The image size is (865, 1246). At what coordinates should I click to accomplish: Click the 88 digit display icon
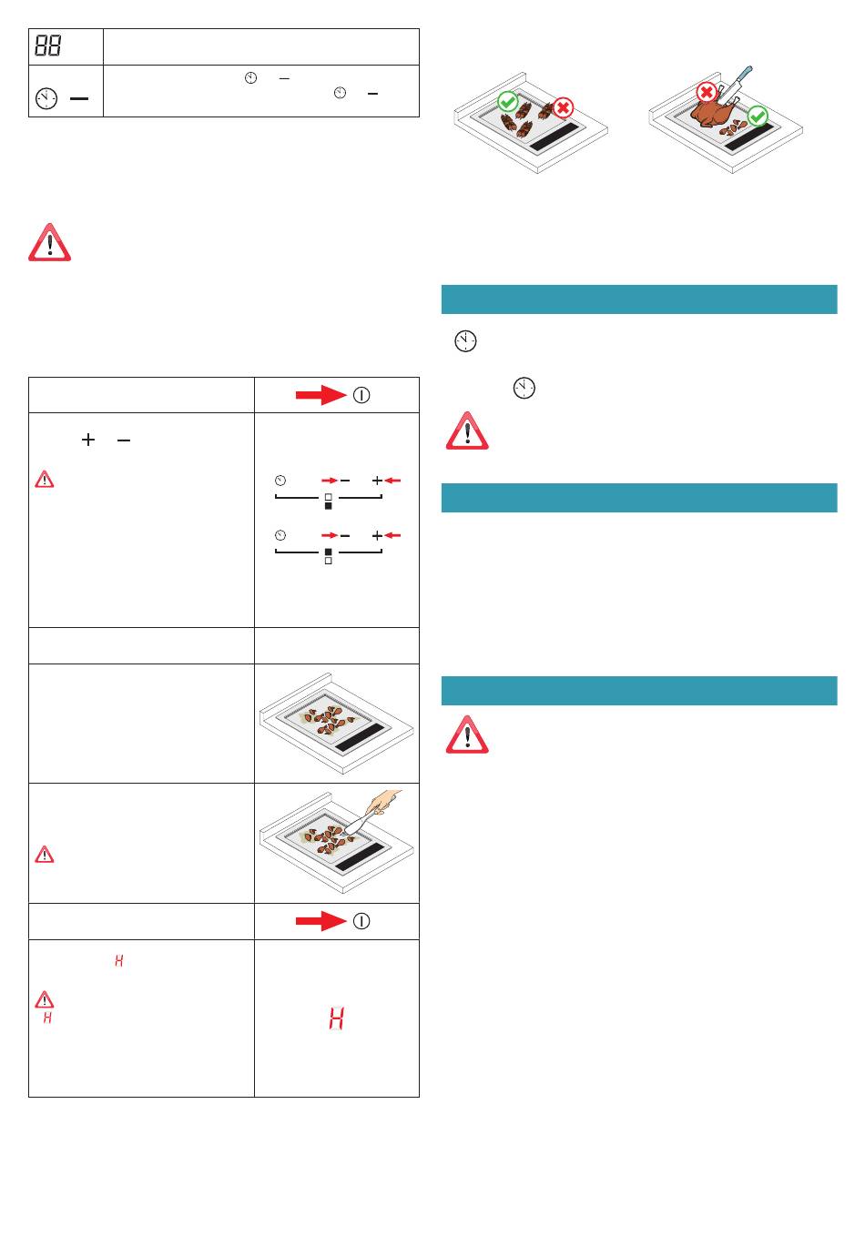point(47,46)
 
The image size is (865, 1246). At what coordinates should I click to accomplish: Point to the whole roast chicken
point(715,112)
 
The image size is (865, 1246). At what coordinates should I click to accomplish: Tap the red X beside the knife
point(707,92)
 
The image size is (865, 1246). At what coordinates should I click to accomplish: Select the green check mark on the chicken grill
point(757,116)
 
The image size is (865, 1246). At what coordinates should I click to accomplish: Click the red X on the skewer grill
point(563,107)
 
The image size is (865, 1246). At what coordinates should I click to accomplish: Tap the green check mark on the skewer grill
point(508,101)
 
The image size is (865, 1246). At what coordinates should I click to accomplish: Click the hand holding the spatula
point(384,802)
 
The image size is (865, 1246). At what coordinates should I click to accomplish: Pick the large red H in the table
point(336,1018)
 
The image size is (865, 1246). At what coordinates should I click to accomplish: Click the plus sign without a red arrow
point(88,440)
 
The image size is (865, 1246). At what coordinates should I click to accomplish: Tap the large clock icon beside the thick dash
point(46,98)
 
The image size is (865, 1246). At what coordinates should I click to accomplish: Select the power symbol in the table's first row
point(361,396)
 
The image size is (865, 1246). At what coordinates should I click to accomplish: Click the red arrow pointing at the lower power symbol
point(321,921)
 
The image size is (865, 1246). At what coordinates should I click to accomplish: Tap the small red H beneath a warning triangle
point(48,1018)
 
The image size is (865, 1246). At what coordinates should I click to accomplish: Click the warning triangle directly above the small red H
point(45,999)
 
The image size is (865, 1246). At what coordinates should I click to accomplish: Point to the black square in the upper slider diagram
point(329,506)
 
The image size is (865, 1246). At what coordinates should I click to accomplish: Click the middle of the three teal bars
point(639,497)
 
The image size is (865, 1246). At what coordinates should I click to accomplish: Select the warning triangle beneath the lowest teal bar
point(467,734)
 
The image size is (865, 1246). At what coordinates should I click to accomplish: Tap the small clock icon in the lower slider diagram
point(280,535)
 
